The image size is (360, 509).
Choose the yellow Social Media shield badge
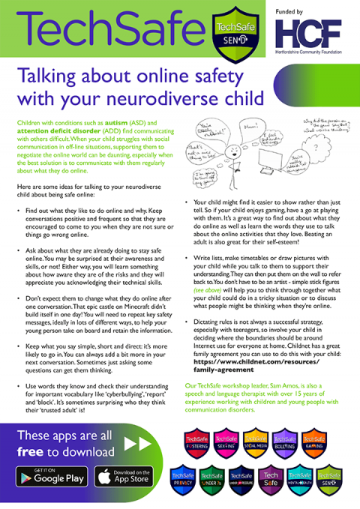[x=254, y=447]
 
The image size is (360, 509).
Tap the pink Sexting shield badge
[x=224, y=447]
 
